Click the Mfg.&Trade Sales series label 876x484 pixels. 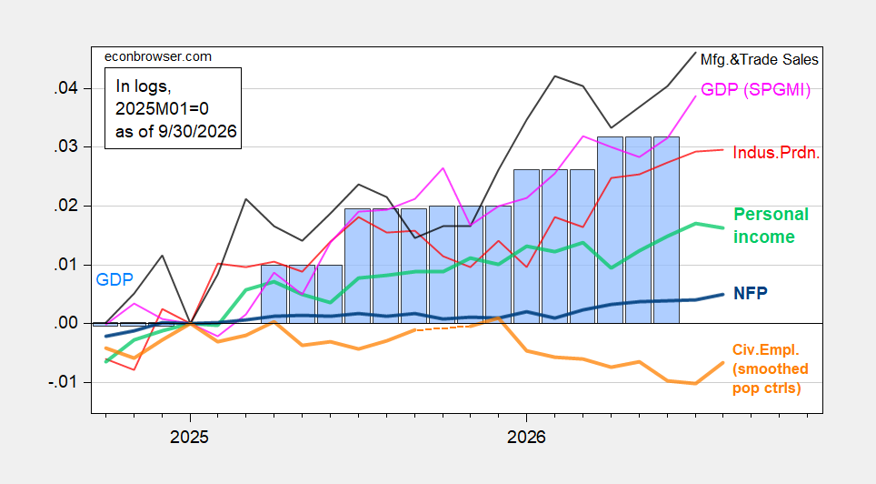pyautogui.click(x=760, y=59)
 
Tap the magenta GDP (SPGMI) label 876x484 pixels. pyautogui.click(x=755, y=89)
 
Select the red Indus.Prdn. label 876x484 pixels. pyautogui.click(x=776, y=153)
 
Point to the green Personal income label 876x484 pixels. pyautogui.click(x=771, y=226)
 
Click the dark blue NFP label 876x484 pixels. pyautogui.click(x=751, y=293)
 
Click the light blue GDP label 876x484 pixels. pyautogui.click(x=114, y=279)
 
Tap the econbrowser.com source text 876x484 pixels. pyautogui.click(x=158, y=56)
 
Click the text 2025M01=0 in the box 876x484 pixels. pyautogui.click(x=162, y=108)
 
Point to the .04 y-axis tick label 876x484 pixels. pyautogui.click(x=65, y=88)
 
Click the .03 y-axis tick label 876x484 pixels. pyautogui.click(x=65, y=147)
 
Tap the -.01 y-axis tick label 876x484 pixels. pyautogui.click(x=63, y=383)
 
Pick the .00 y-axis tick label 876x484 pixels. pyautogui.click(x=65, y=323)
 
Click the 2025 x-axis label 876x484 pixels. pyautogui.click(x=189, y=437)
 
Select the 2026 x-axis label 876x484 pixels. pyautogui.click(x=526, y=437)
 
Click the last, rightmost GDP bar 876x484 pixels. pyautogui.click(x=666, y=230)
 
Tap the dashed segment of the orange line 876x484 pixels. pyautogui.click(x=443, y=328)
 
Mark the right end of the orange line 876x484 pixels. pyautogui.click(x=723, y=363)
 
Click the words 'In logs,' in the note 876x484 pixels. pyautogui.click(x=143, y=86)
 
